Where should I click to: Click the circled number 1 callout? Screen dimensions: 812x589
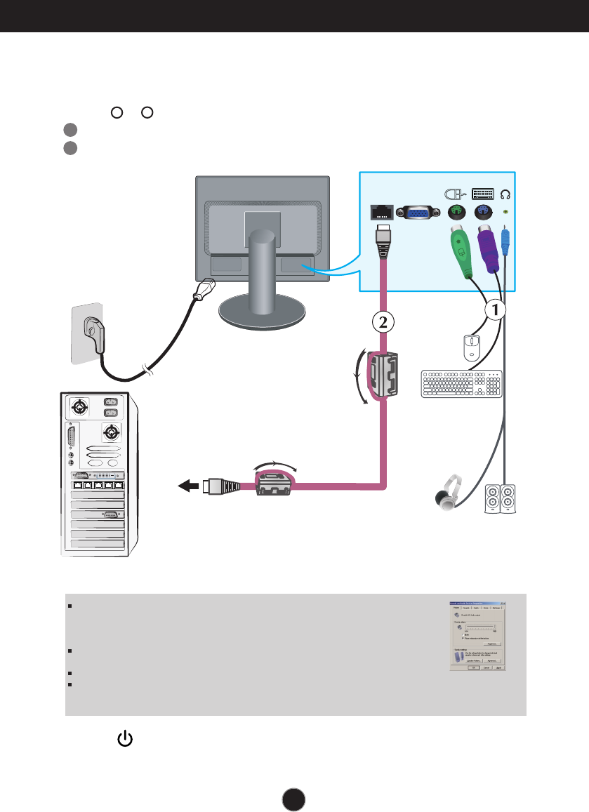click(x=494, y=308)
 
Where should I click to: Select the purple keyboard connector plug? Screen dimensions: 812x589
click(x=487, y=250)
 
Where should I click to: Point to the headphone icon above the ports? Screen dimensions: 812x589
click(x=506, y=193)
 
